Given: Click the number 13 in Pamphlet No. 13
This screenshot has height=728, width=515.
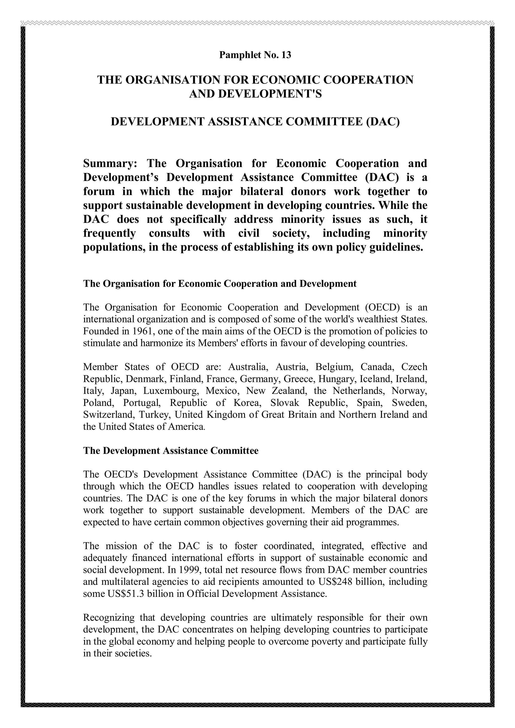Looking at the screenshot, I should (286, 55).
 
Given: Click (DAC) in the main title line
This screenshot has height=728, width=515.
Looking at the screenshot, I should (383, 122).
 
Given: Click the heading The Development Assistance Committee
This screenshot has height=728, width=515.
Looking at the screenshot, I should (171, 451).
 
